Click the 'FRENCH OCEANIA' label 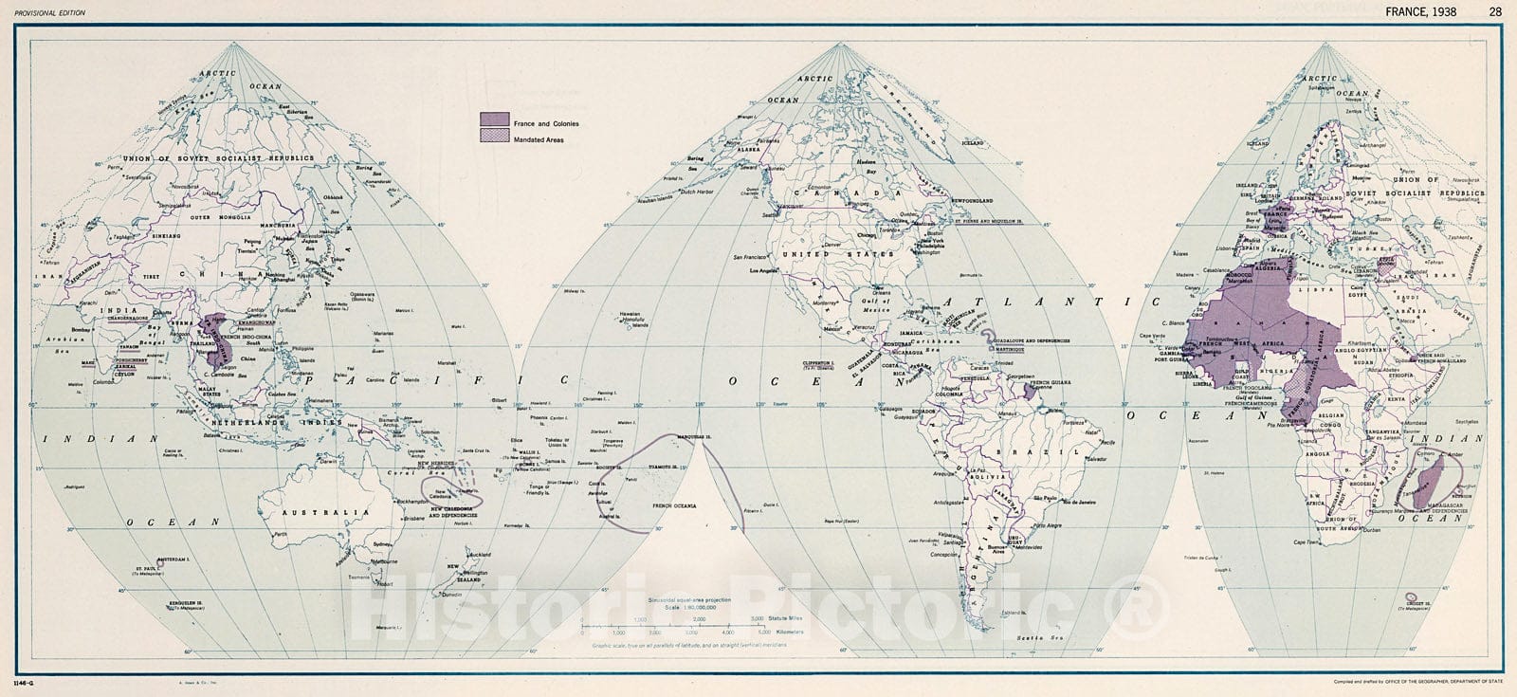click(x=674, y=506)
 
